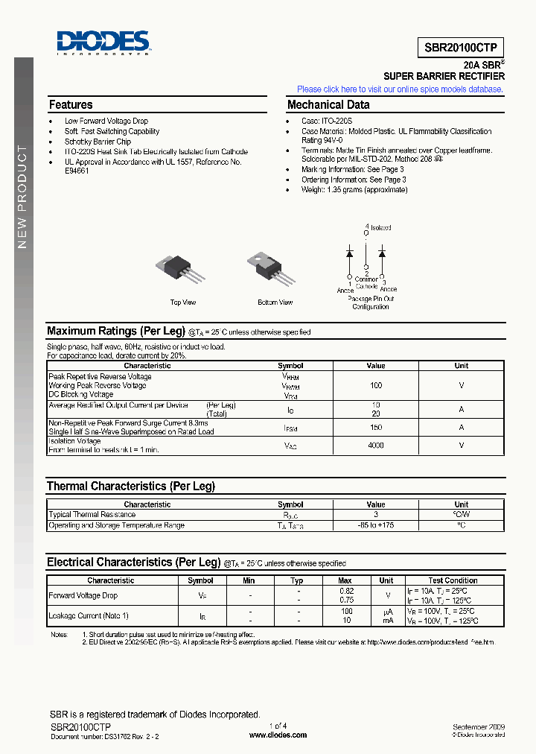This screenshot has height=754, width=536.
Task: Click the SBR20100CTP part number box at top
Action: click(464, 46)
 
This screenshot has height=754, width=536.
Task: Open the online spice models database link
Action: click(400, 89)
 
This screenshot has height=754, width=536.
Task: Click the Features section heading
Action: click(71, 105)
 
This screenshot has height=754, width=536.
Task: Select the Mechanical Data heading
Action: click(328, 105)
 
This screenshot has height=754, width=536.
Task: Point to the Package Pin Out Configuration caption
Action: click(371, 302)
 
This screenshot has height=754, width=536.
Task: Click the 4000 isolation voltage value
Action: click(376, 445)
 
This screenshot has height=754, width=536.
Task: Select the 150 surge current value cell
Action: click(376, 428)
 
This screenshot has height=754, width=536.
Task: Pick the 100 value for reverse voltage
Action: click(376, 386)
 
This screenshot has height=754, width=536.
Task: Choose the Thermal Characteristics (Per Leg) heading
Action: click(131, 486)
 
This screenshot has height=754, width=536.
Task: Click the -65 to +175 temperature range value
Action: click(376, 525)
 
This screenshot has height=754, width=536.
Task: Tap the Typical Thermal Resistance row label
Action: click(92, 515)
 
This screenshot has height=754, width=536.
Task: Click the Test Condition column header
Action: click(453, 580)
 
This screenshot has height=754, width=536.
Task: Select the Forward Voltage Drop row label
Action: click(83, 596)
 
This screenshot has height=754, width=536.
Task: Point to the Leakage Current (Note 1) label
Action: click(89, 615)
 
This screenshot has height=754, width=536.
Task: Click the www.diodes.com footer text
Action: click(278, 735)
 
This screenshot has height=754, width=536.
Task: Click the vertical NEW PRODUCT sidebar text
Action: click(22, 197)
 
